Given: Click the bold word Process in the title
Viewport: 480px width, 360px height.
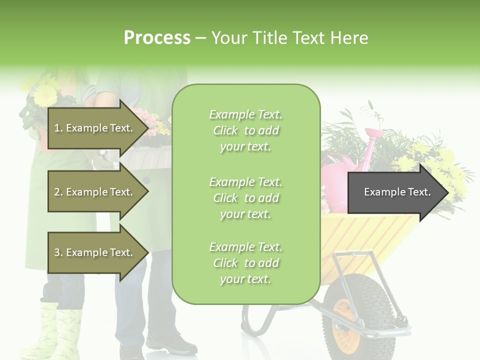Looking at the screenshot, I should pos(157,38).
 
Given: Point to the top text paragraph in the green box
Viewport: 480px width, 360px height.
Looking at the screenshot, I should pos(245,130).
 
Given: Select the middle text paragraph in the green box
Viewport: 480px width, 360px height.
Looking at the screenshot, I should pos(245,198).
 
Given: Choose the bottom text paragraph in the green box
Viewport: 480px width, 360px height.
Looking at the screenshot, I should pos(245,263).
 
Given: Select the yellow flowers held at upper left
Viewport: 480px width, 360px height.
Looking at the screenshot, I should pos(46,92).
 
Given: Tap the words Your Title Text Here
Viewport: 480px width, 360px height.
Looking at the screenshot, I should pos(289,38).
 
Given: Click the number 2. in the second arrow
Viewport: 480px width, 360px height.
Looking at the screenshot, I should pos(58,192).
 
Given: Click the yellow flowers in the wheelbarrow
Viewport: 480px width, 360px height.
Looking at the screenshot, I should pos(440,165).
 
